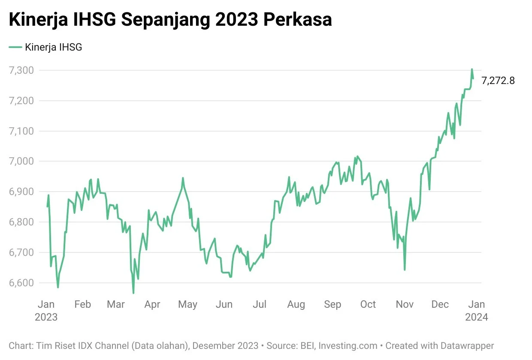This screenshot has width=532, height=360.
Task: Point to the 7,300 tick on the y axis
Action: (21, 70)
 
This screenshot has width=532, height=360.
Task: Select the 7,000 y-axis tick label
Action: (21, 162)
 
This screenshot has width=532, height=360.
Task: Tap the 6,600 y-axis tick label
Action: (21, 283)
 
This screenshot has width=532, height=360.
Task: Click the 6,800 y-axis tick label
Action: (21, 222)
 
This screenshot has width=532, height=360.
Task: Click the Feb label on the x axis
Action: (82, 304)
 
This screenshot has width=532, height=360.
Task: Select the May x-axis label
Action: (187, 304)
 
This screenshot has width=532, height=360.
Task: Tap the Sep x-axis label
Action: (332, 304)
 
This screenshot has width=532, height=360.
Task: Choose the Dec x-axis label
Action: (440, 304)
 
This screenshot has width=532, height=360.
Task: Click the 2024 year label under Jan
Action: (476, 317)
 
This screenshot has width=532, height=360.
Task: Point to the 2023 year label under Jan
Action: (46, 317)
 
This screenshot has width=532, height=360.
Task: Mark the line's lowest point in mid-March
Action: (133, 293)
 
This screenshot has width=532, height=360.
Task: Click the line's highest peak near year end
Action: (472, 69)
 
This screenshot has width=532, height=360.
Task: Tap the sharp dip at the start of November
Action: (405, 270)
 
